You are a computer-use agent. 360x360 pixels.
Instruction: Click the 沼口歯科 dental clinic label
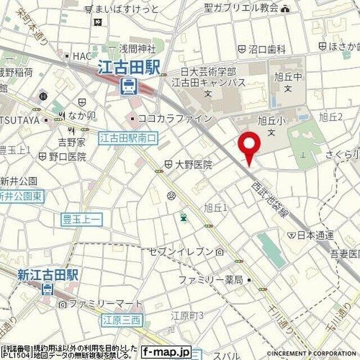tap(267, 49)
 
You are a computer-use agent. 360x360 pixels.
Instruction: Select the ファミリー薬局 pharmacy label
tap(211, 280)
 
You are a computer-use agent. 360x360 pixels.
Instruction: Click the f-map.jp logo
tap(167, 351)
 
